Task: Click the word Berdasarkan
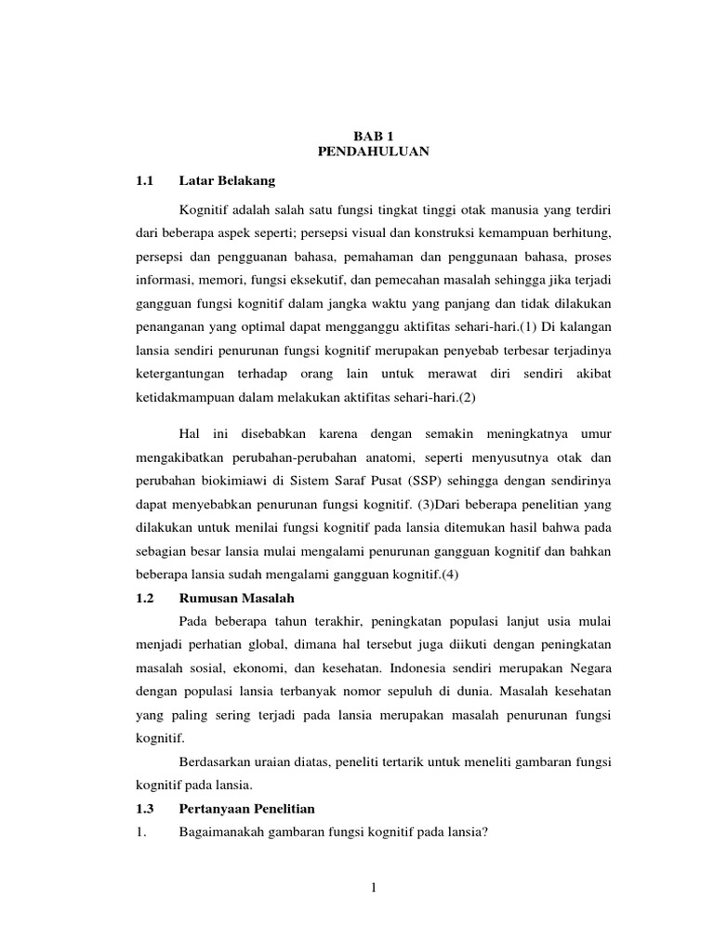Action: [x=213, y=762]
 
